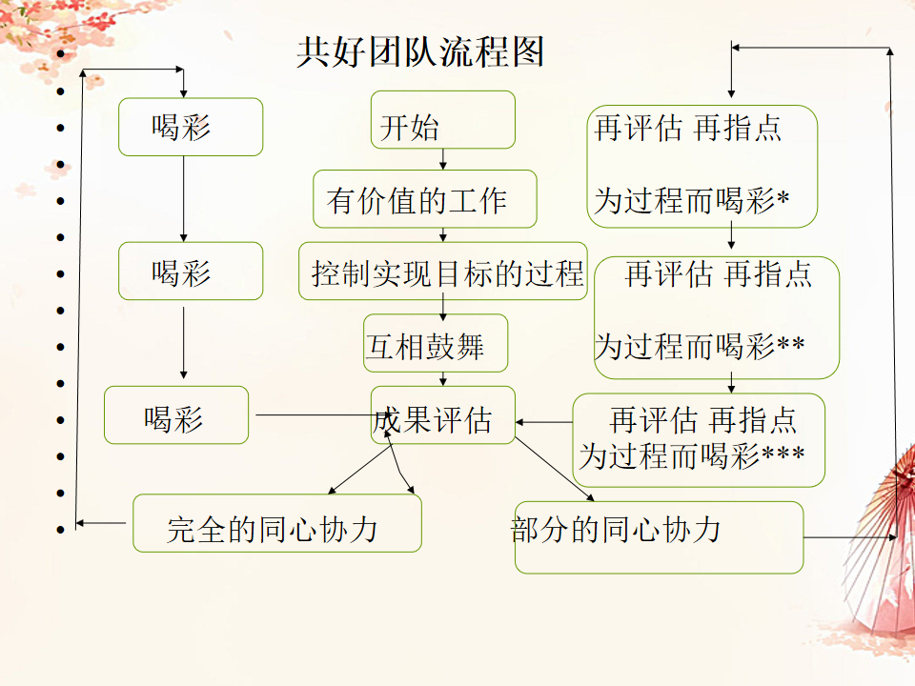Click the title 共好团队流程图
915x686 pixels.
420,52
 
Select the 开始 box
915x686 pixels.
443,120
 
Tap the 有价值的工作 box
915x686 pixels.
425,199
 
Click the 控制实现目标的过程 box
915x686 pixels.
443,272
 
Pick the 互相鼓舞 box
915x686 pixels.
436,343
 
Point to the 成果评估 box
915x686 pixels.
443,415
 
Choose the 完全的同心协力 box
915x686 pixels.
276,523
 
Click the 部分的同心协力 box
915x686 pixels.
659,537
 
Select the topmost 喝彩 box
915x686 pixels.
190,127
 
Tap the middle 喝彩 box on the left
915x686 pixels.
190,271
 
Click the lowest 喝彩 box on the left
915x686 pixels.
175,415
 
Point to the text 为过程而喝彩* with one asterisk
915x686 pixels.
692,201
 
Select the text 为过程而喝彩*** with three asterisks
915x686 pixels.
692,454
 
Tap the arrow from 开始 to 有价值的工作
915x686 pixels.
443,159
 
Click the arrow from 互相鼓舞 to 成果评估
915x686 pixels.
443,378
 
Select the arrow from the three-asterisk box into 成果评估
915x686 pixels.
544,421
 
